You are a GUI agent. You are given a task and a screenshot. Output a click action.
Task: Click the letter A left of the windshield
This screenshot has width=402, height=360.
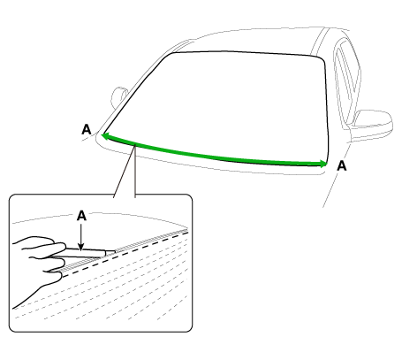pyautogui.click(x=87, y=129)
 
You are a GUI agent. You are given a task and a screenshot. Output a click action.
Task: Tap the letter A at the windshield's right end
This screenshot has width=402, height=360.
pyautogui.click(x=342, y=165)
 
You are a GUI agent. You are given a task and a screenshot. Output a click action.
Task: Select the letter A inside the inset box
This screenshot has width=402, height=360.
pyautogui.click(x=81, y=216)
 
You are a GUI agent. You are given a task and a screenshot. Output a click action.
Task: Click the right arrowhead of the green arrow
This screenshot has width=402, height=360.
pyautogui.click(x=323, y=164)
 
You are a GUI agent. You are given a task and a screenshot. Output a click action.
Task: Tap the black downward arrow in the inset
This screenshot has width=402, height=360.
pyautogui.click(x=81, y=237)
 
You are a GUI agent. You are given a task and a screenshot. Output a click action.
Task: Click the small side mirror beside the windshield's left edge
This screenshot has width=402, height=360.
pyautogui.click(x=118, y=97)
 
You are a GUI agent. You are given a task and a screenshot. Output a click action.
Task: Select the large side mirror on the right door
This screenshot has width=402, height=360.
pyautogui.click(x=371, y=124)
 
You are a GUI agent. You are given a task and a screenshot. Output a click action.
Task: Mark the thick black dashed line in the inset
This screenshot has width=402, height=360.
pyautogui.click(x=125, y=254)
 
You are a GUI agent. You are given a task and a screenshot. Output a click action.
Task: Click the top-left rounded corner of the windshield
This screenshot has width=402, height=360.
pyautogui.click(x=171, y=55)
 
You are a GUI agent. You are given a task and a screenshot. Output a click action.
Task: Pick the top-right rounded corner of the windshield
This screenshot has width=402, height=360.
pyautogui.click(x=321, y=57)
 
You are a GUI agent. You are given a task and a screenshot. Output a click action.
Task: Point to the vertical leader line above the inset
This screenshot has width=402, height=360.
pyautogui.click(x=135, y=171)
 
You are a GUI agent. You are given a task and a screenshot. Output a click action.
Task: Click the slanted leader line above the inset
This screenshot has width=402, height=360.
pyautogui.click(x=125, y=171)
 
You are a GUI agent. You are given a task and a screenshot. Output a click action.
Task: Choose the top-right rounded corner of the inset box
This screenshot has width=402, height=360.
pyautogui.click(x=189, y=197)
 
